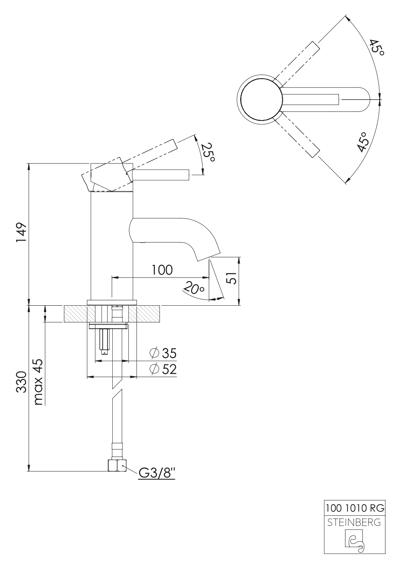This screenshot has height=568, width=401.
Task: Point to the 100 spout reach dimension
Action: pos(162,270)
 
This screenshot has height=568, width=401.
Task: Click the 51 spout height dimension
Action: pos(231,277)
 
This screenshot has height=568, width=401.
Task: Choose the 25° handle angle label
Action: pos(208,153)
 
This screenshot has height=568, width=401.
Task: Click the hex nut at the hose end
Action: pos(117,466)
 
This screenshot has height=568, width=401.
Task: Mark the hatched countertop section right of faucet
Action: pos(148,314)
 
